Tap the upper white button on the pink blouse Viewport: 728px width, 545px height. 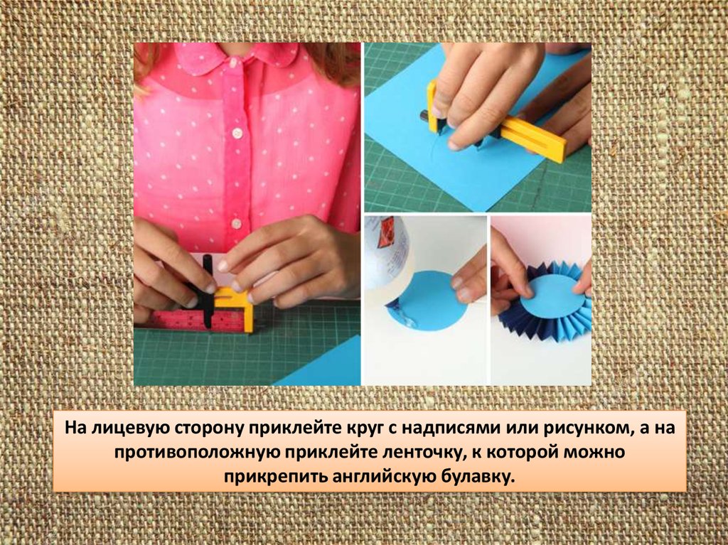click(237, 134)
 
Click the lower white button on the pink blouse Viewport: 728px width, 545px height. click(236, 224)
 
